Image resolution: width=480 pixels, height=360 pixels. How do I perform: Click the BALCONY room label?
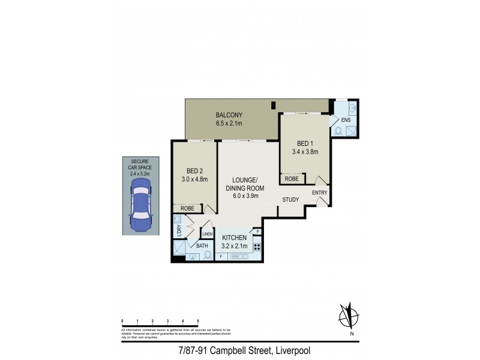coord(229,115)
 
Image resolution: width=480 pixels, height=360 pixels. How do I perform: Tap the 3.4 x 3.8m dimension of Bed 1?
coord(305,152)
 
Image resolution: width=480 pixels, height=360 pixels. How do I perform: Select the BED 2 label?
coord(193,170)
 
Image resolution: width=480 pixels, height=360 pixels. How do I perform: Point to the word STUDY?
coord(290,200)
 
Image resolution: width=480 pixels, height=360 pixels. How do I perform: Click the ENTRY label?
coord(320,193)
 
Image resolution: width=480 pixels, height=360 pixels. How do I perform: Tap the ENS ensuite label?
coord(346,119)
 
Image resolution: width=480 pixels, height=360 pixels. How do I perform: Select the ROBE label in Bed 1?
coord(292,179)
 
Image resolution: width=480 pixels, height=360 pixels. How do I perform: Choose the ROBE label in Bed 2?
coord(187,208)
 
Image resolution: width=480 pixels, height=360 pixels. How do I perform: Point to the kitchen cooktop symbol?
coord(257,247)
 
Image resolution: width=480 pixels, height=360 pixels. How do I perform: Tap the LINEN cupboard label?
coord(208,233)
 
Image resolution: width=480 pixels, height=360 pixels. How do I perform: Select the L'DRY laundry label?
coord(178,229)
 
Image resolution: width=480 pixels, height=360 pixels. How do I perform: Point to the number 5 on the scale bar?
coord(197,322)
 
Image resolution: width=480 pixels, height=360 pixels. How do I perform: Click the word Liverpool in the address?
coord(292,350)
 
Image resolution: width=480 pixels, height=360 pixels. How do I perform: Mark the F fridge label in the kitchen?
coord(221,257)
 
